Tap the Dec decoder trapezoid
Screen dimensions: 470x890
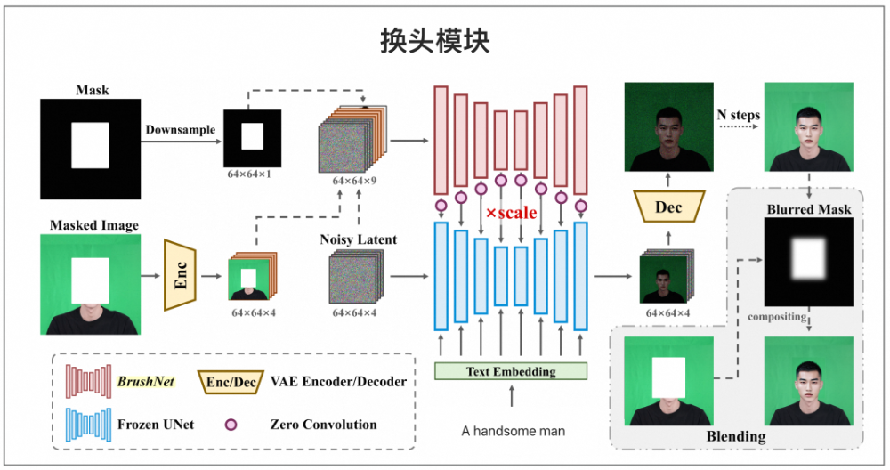pos(668,207)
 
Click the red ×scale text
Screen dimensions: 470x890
pos(512,214)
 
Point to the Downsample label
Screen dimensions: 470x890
pos(181,130)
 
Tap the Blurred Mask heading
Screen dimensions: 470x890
pos(808,210)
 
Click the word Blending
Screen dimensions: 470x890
pos(736,436)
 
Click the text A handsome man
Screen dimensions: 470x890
pos(513,431)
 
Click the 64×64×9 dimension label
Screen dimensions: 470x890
pos(353,181)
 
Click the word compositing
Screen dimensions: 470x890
pos(777,317)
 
